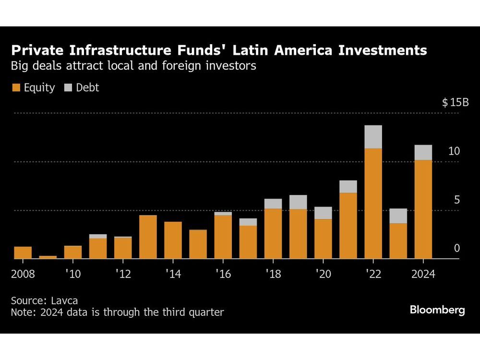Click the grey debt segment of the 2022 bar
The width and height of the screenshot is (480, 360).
pos(373,137)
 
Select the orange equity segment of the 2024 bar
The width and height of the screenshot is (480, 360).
pos(423,209)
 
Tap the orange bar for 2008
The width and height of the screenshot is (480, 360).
pos(23,252)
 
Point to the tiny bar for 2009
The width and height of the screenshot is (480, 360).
pos(48,257)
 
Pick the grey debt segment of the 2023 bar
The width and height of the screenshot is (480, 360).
pos(398,216)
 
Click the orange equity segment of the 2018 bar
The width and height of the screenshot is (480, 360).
pos(273,234)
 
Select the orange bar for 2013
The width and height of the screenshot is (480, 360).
pos(148,237)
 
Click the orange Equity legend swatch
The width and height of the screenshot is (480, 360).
pos(16,88)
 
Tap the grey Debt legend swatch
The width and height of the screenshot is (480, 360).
pos(68,88)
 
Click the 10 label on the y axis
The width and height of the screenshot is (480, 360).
pos(454,151)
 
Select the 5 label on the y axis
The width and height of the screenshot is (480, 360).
pos(457,200)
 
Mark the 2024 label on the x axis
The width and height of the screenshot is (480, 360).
pos(423,275)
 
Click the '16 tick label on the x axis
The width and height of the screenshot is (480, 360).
pos(223,275)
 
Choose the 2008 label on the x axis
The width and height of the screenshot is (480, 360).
pos(23,275)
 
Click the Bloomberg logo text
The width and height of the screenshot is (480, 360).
pos(437,310)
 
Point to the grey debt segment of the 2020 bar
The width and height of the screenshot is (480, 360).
pos(323,213)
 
